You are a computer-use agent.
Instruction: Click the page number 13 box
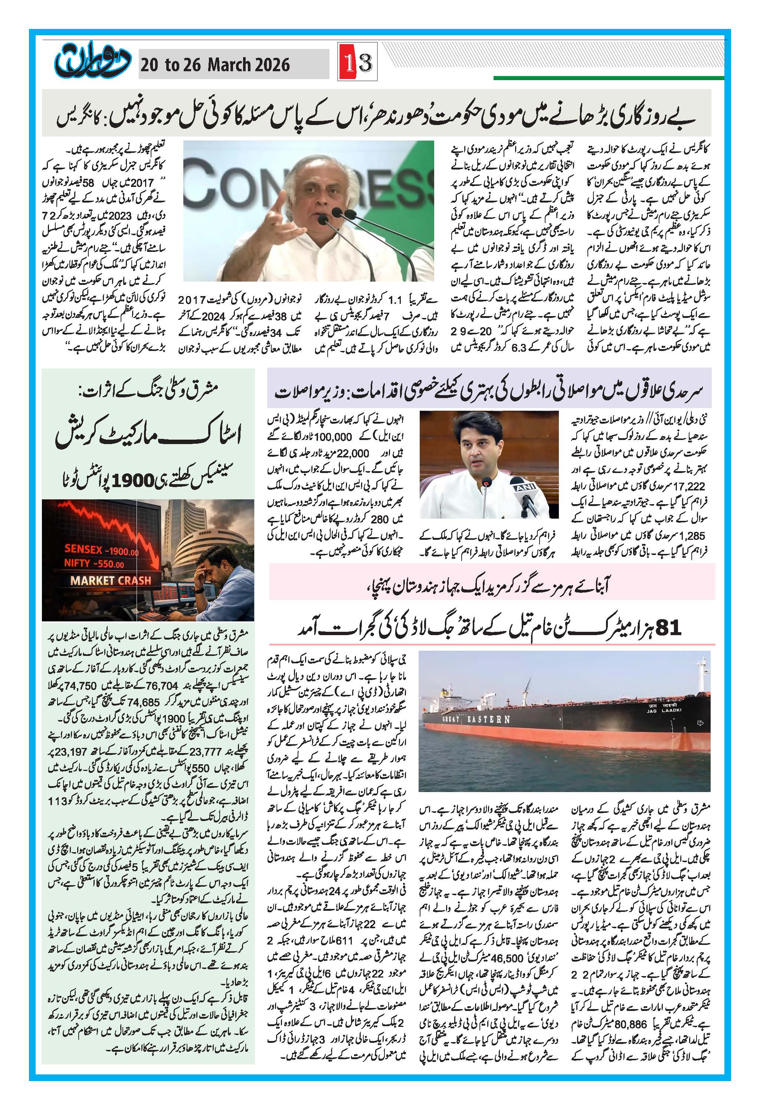(358, 63)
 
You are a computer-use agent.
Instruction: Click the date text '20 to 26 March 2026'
(214, 65)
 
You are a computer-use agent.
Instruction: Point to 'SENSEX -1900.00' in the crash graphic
(101, 550)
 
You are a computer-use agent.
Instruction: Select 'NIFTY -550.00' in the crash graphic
(94, 564)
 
